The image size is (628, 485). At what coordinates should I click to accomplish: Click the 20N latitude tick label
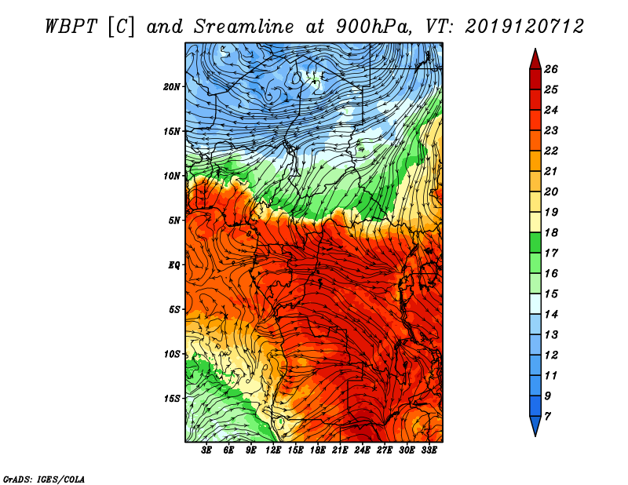tap(172, 86)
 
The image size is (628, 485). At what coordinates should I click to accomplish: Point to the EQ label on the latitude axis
tap(174, 264)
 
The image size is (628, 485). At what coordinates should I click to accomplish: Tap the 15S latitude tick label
tap(172, 398)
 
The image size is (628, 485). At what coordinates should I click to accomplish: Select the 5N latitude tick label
tap(174, 220)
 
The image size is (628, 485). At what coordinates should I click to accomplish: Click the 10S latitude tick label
tap(172, 354)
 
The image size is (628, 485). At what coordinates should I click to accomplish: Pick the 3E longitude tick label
tap(207, 450)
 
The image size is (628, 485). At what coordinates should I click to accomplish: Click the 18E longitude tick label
tap(318, 450)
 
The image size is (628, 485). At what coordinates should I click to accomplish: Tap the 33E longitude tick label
tap(429, 450)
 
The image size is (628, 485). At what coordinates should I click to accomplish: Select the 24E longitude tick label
tap(363, 450)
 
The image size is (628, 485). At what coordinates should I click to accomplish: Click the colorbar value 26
tap(560, 69)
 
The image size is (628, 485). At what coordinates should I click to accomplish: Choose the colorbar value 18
tap(560, 233)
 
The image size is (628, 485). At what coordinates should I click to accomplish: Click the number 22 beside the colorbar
tap(560, 151)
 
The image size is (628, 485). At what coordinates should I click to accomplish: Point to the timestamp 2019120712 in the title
tap(524, 26)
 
